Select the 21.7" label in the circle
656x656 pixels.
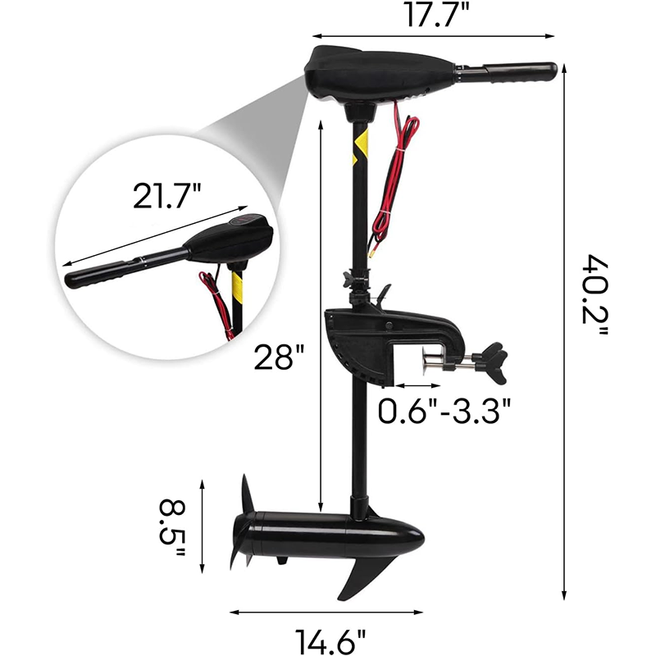click(166, 197)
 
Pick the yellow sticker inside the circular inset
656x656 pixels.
click(238, 288)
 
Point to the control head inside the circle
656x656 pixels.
click(230, 241)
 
